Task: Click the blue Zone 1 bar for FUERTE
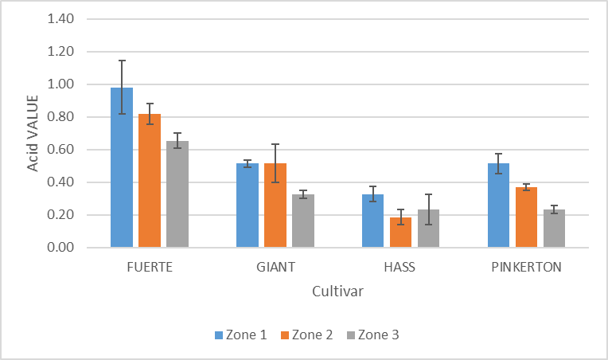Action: pyautogui.click(x=122, y=171)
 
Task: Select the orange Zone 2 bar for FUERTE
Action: pyautogui.click(x=150, y=183)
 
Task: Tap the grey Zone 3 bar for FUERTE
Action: pyautogui.click(x=177, y=195)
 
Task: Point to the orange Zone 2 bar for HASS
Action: pyautogui.click(x=401, y=233)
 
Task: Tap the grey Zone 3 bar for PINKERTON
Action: pyautogui.click(x=555, y=229)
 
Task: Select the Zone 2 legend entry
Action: pyautogui.click(x=306, y=335)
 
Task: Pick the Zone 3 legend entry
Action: pyautogui.click(x=372, y=335)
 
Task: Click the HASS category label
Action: pyautogui.click(x=401, y=267)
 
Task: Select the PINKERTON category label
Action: pyautogui.click(x=526, y=267)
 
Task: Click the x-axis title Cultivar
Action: pyautogui.click(x=338, y=292)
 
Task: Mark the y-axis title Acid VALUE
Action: pyautogui.click(x=33, y=133)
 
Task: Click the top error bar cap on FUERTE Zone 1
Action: pyautogui.click(x=122, y=61)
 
